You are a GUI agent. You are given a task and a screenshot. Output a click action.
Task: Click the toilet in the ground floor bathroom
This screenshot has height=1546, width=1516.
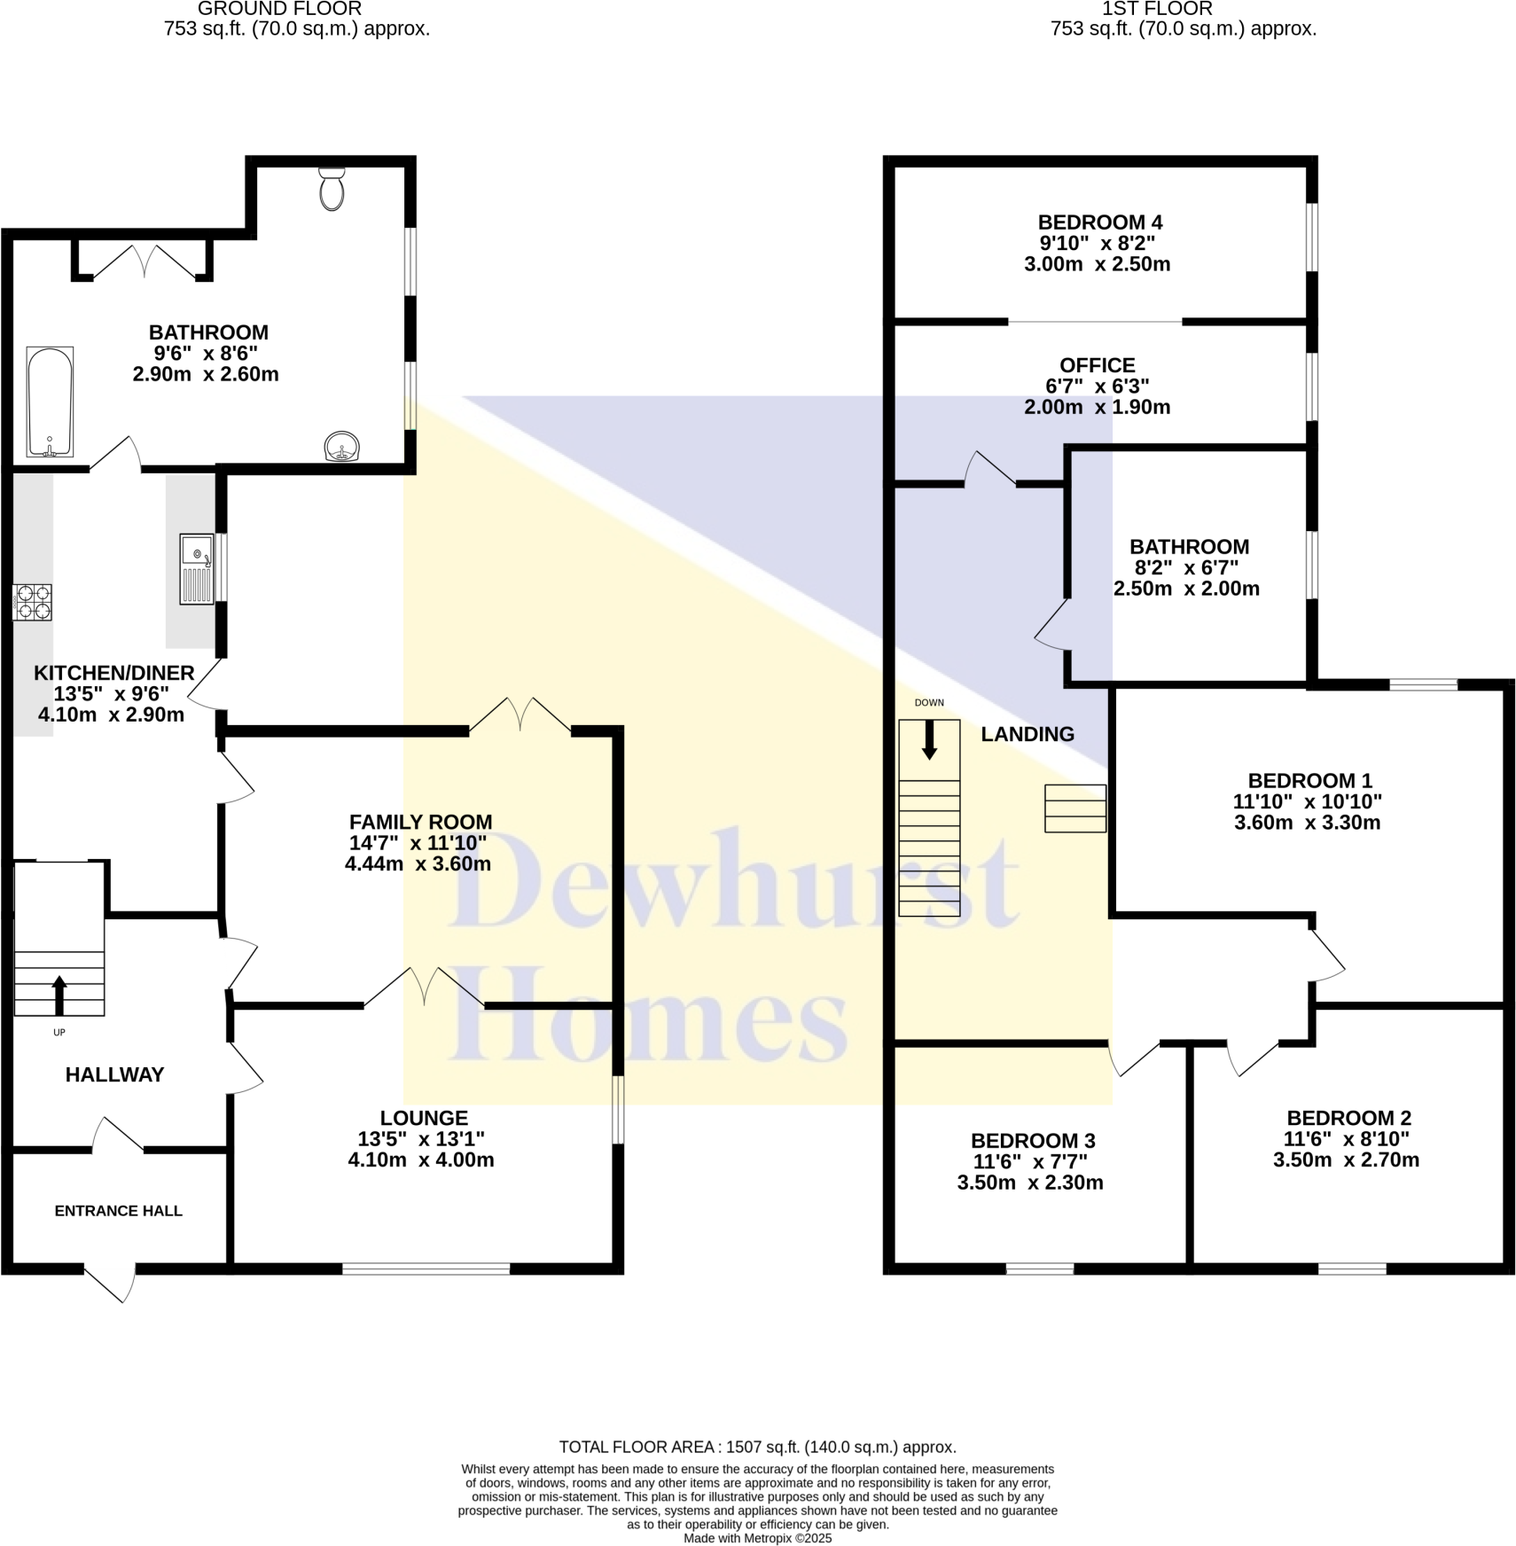332,189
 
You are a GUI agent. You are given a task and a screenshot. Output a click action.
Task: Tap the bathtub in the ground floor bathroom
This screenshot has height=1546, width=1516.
50,402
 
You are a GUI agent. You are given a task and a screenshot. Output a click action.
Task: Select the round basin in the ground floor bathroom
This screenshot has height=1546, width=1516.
343,446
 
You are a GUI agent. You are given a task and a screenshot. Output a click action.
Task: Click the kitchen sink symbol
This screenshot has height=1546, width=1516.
197,568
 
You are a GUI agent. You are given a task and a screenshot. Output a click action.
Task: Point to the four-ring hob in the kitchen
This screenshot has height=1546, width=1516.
33,602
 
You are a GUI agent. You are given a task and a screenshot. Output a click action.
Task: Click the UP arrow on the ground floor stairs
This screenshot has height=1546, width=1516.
59,995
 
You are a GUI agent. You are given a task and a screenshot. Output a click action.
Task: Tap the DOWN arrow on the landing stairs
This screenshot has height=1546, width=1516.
929,740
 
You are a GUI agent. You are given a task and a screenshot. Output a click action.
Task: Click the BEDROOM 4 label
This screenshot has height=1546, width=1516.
1099,223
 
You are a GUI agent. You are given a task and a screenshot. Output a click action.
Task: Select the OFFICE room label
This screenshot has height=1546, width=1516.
1097,365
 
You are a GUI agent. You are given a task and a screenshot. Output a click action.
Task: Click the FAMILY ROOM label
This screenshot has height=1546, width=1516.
420,822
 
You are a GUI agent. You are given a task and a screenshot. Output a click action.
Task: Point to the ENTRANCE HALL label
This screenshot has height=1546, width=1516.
118,1211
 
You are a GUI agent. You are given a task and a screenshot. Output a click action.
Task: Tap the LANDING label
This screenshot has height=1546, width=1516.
1028,734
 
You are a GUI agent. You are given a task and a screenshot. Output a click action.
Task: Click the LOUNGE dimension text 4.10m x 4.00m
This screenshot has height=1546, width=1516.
421,1159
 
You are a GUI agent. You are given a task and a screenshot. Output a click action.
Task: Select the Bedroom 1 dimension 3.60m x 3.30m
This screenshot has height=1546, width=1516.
1307,822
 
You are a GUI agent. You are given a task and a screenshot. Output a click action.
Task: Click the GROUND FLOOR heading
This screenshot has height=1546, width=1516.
279,9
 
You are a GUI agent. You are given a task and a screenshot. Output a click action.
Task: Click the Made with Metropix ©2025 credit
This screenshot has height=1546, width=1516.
757,1539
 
